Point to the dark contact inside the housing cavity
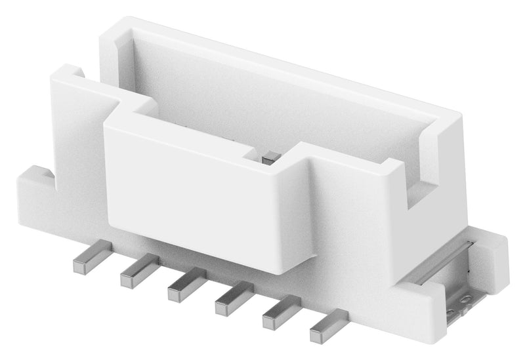[269, 157]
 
